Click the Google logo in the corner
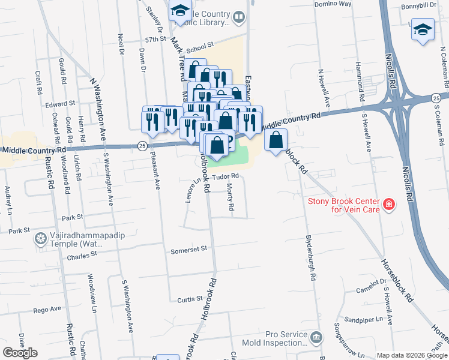pos(20,353)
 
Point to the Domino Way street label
pos(333,4)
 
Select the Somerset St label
pos(188,248)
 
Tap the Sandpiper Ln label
pos(360,320)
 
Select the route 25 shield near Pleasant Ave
pos(142,145)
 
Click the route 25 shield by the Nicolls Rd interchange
pos(436,98)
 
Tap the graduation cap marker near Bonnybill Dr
pos(423,29)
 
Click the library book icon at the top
pos(239,17)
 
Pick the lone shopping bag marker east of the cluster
pos(276,140)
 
